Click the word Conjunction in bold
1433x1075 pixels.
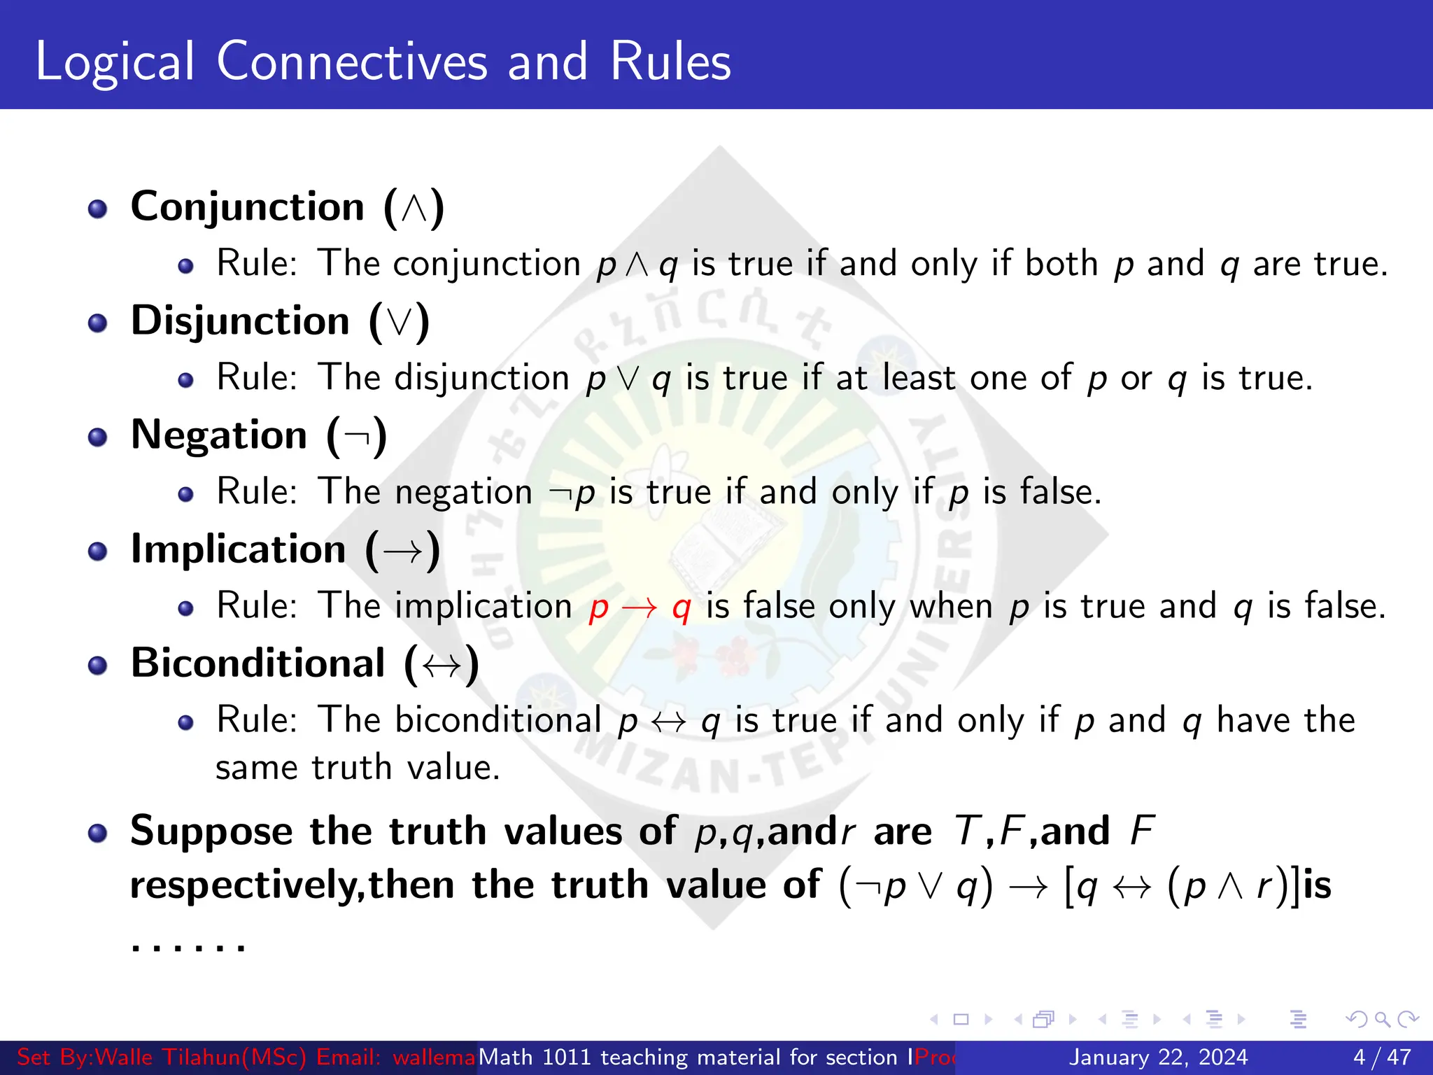pyautogui.click(x=248, y=208)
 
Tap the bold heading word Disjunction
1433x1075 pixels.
pyautogui.click(x=240, y=322)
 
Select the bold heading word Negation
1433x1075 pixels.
pyautogui.click(x=219, y=436)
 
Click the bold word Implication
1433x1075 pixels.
pyautogui.click(x=238, y=549)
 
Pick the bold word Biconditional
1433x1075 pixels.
pyautogui.click(x=257, y=663)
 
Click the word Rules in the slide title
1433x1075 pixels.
pyautogui.click(x=670, y=62)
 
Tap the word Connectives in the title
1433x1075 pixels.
pyautogui.click(x=352, y=62)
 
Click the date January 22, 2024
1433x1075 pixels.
pyautogui.click(x=1158, y=1057)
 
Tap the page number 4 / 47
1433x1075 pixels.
pyautogui.click(x=1382, y=1057)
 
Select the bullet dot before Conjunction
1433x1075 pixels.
pyautogui.click(x=98, y=209)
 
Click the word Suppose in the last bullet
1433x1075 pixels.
pyautogui.click(x=211, y=832)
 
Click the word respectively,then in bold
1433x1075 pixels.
pyautogui.click(x=292, y=886)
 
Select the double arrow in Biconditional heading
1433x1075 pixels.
pyautogui.click(x=442, y=665)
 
